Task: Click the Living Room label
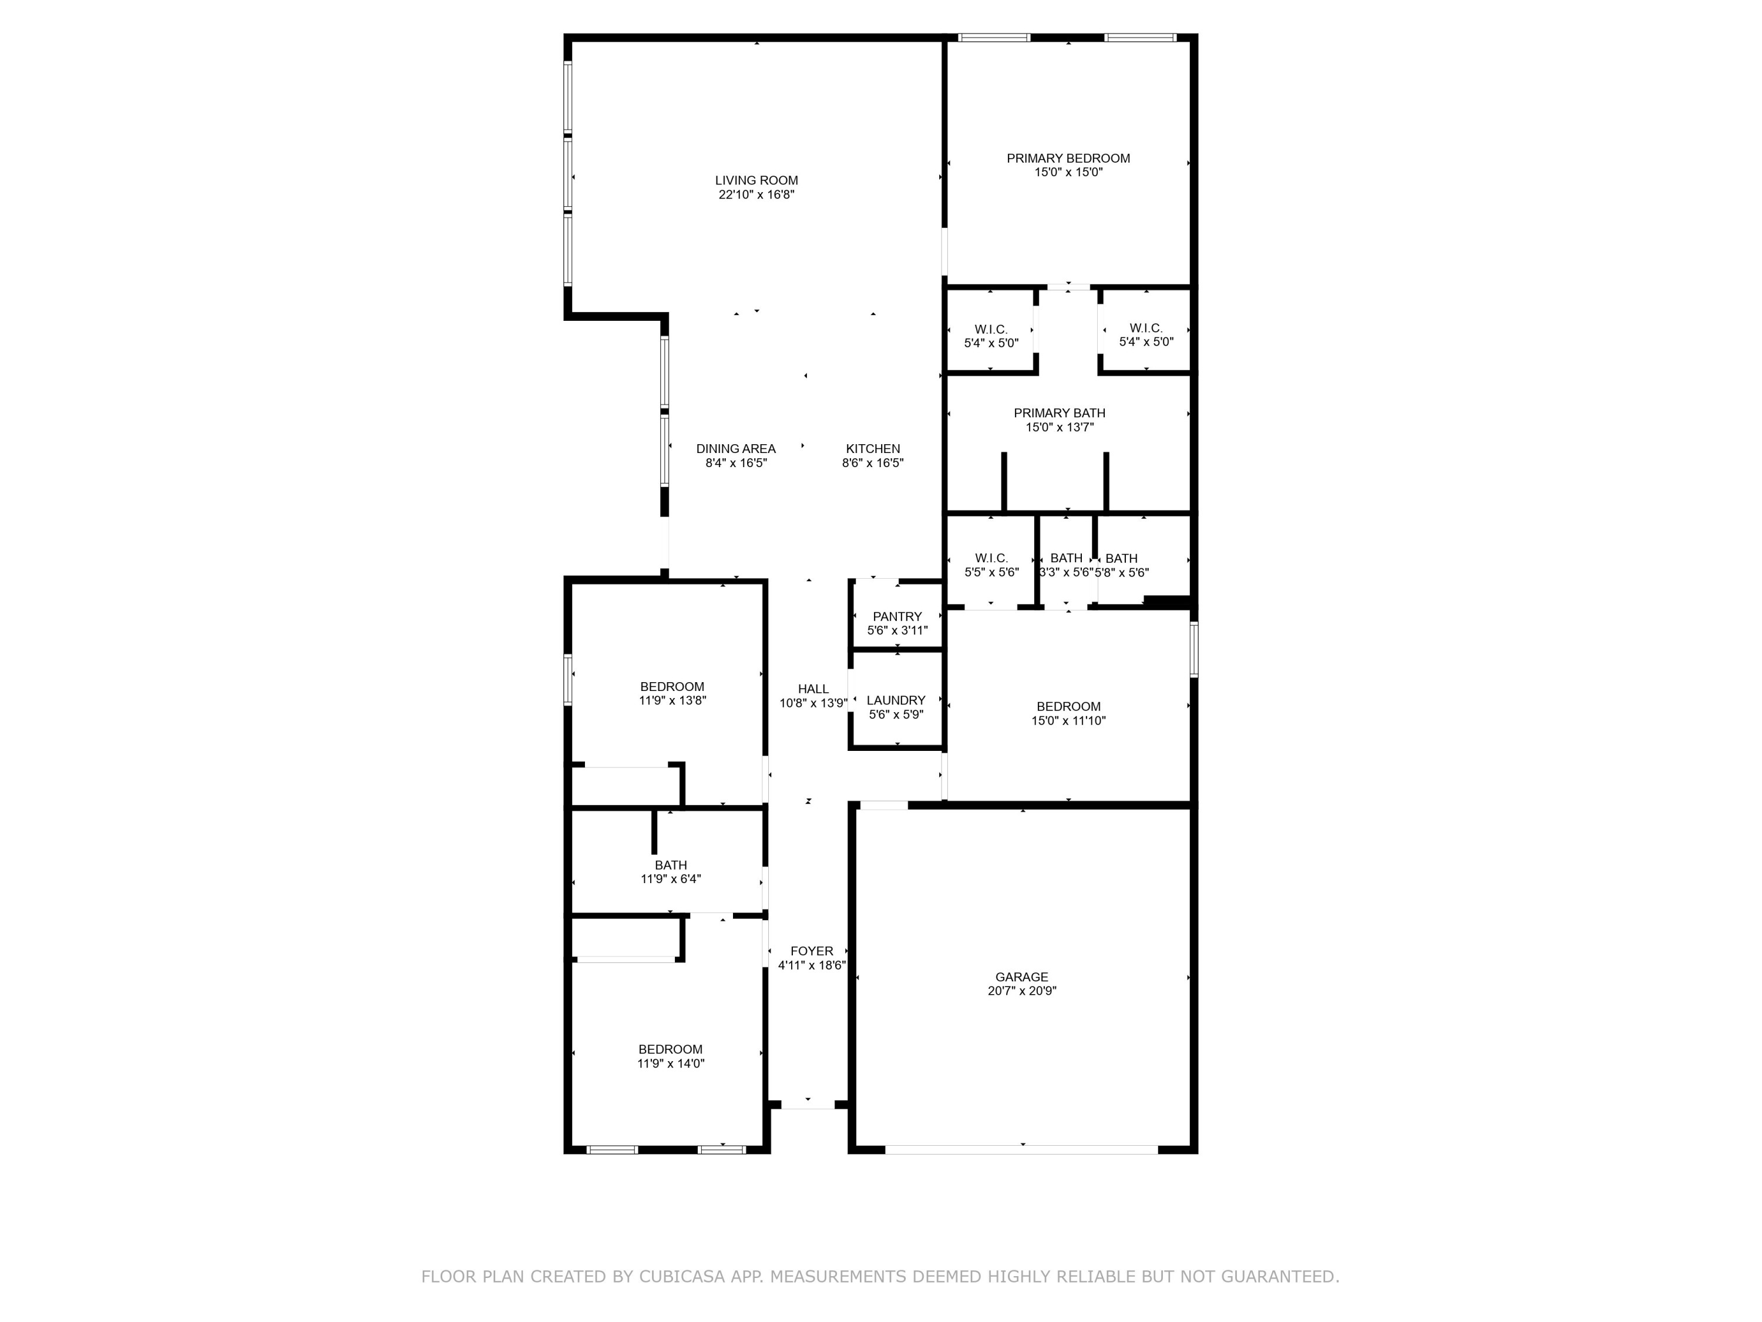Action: click(x=756, y=180)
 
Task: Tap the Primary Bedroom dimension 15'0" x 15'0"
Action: click(x=1068, y=172)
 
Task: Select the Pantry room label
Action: click(x=897, y=616)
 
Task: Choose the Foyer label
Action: click(x=812, y=951)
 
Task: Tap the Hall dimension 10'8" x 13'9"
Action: click(x=812, y=703)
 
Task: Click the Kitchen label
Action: click(x=873, y=449)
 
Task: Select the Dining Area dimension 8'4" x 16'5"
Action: click(x=736, y=463)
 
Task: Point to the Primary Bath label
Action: click(x=1060, y=413)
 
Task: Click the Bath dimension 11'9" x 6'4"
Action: click(x=671, y=879)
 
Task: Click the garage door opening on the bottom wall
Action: click(x=1021, y=1149)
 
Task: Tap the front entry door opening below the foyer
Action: click(x=808, y=1105)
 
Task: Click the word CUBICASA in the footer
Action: click(x=681, y=1277)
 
